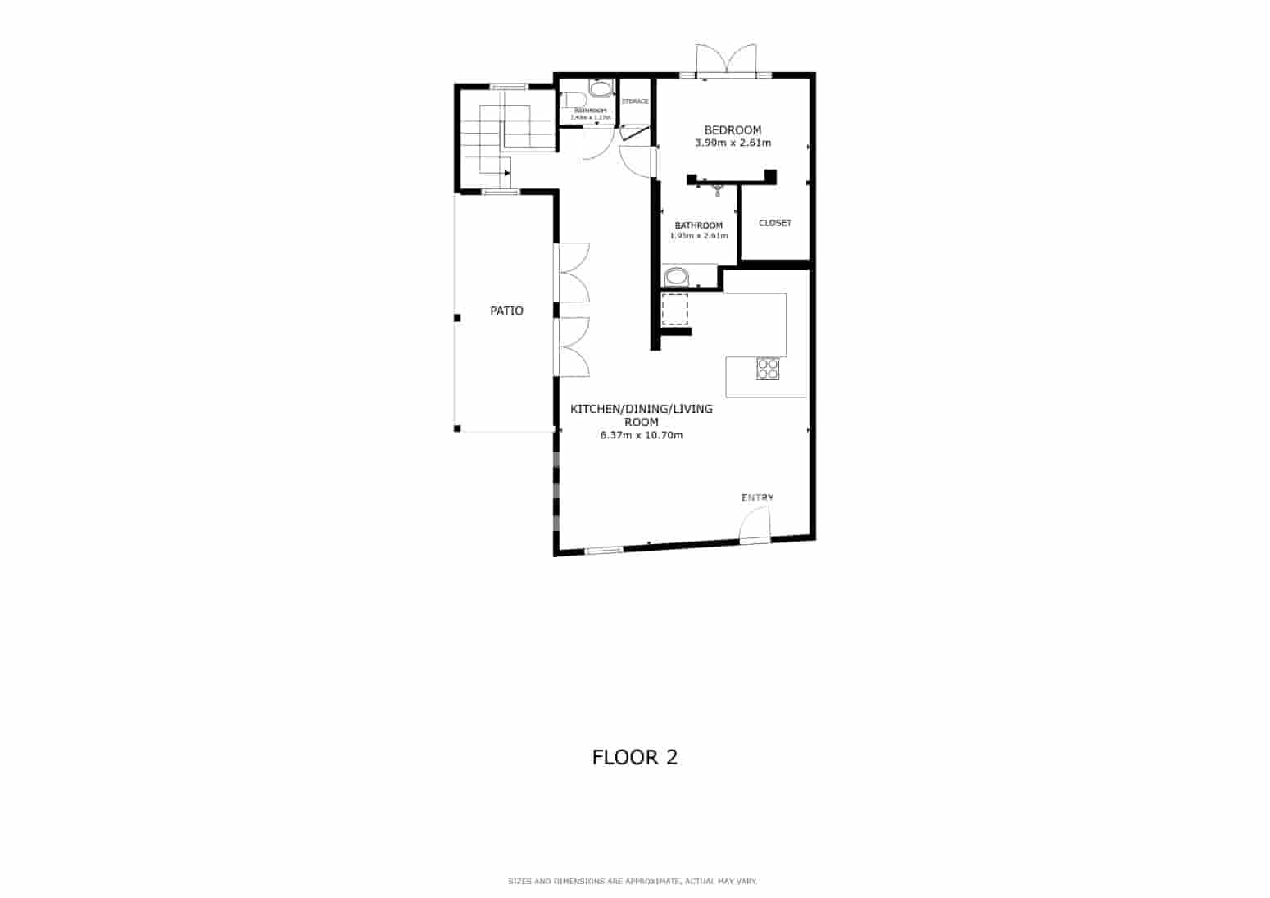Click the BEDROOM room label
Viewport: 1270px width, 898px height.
(733, 129)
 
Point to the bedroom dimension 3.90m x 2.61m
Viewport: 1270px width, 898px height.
(733, 143)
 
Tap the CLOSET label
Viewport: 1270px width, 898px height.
(775, 223)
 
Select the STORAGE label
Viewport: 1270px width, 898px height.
(635, 102)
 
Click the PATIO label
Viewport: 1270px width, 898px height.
(506, 311)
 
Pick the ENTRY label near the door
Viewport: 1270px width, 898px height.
(757, 497)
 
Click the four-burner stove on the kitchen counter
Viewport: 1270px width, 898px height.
(768, 369)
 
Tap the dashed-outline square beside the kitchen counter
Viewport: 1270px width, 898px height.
(674, 310)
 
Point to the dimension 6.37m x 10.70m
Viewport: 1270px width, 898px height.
(641, 435)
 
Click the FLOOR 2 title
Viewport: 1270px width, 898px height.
(635, 757)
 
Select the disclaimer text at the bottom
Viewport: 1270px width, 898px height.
(633, 882)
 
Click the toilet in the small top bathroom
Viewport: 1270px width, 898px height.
(601, 89)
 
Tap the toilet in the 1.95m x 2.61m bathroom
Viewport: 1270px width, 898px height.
(678, 276)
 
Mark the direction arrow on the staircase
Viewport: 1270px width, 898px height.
(506, 173)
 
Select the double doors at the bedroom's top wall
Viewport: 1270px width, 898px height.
(726, 61)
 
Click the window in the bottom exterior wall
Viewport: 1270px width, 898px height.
(604, 550)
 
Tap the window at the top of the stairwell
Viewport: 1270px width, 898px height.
(507, 86)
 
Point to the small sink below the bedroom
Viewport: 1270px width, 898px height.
(718, 190)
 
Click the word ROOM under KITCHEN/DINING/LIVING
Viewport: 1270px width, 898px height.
(641, 422)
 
